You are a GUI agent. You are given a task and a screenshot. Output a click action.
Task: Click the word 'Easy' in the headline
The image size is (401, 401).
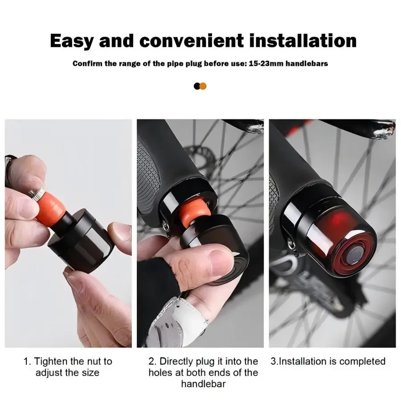pyautogui.click(x=71, y=41)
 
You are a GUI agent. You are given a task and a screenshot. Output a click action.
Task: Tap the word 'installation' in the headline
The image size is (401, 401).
pyautogui.click(x=303, y=41)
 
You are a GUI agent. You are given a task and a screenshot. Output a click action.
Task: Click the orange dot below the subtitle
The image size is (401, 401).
pyautogui.click(x=203, y=86)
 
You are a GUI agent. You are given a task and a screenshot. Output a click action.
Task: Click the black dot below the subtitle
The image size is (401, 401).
pyautogui.click(x=196, y=86)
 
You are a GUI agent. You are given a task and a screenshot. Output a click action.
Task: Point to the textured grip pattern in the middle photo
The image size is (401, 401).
pyautogui.click(x=148, y=176)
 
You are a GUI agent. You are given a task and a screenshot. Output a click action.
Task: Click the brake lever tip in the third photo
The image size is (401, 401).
pyautogui.click(x=385, y=131)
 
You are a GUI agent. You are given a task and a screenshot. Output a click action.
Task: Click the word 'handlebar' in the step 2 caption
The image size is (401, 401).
pyautogui.click(x=203, y=384)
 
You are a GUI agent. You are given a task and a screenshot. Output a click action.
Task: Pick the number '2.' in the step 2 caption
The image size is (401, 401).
pyautogui.click(x=152, y=361)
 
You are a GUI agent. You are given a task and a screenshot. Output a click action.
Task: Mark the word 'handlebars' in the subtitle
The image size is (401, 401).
pyautogui.click(x=307, y=63)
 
